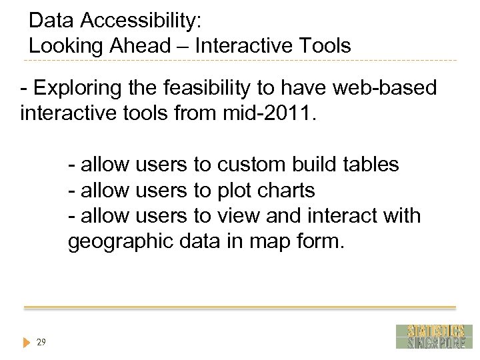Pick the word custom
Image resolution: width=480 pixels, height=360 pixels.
point(254,164)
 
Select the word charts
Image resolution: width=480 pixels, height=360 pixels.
point(287,190)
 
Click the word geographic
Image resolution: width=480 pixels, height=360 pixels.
point(121,241)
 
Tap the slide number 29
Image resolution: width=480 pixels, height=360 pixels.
point(41,342)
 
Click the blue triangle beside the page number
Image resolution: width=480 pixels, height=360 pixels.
point(26,343)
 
